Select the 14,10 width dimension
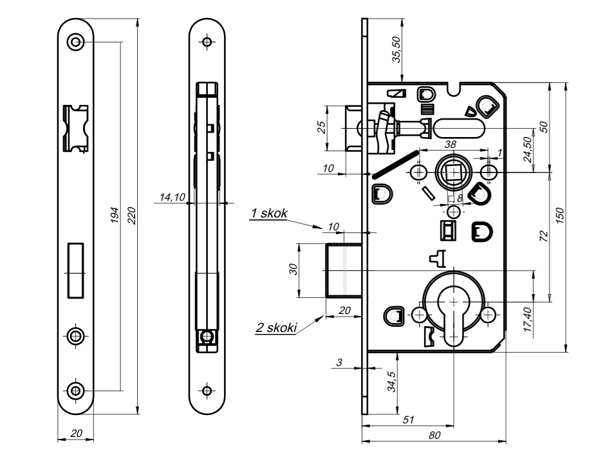pyautogui.click(x=171, y=197)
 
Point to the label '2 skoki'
pyautogui.click(x=276, y=328)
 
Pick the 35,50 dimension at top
pyautogui.click(x=397, y=49)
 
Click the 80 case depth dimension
pyautogui.click(x=434, y=436)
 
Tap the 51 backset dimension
pyautogui.click(x=408, y=419)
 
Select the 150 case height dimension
pyautogui.click(x=560, y=217)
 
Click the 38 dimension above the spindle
pyautogui.click(x=451, y=145)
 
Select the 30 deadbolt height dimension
pyautogui.click(x=293, y=270)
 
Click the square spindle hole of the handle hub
pyautogui.click(x=454, y=172)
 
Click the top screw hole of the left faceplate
pyautogui.click(x=76, y=42)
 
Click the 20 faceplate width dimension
pyautogui.click(x=76, y=435)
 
